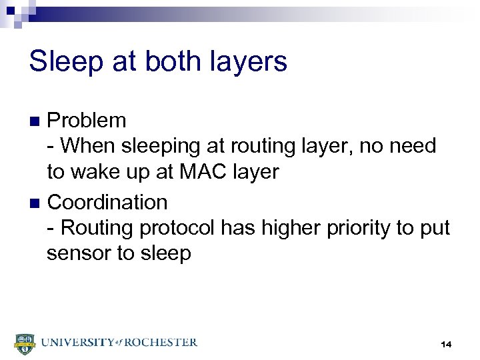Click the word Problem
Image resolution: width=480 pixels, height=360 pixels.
(87, 121)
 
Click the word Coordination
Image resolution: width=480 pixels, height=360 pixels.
(107, 202)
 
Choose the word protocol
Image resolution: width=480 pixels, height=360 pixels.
(179, 229)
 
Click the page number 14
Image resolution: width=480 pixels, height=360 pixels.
(446, 344)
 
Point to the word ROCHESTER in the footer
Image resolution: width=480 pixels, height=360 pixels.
(161, 342)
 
